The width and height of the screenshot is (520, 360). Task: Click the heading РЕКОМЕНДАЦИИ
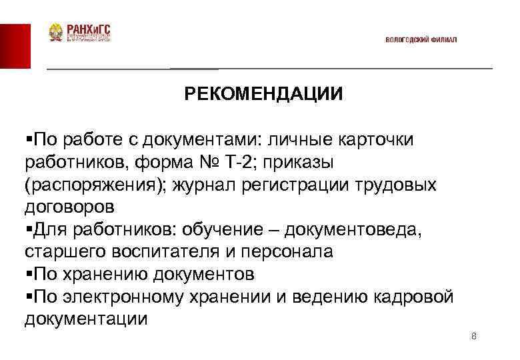(x=264, y=94)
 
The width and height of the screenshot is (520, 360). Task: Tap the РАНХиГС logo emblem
(x=55, y=33)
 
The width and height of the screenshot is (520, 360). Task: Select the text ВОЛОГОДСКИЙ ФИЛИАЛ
(x=421, y=40)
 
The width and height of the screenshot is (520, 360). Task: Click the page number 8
(x=473, y=336)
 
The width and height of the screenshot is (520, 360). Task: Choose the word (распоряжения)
(x=94, y=185)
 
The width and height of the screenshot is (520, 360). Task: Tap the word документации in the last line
(x=86, y=319)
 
